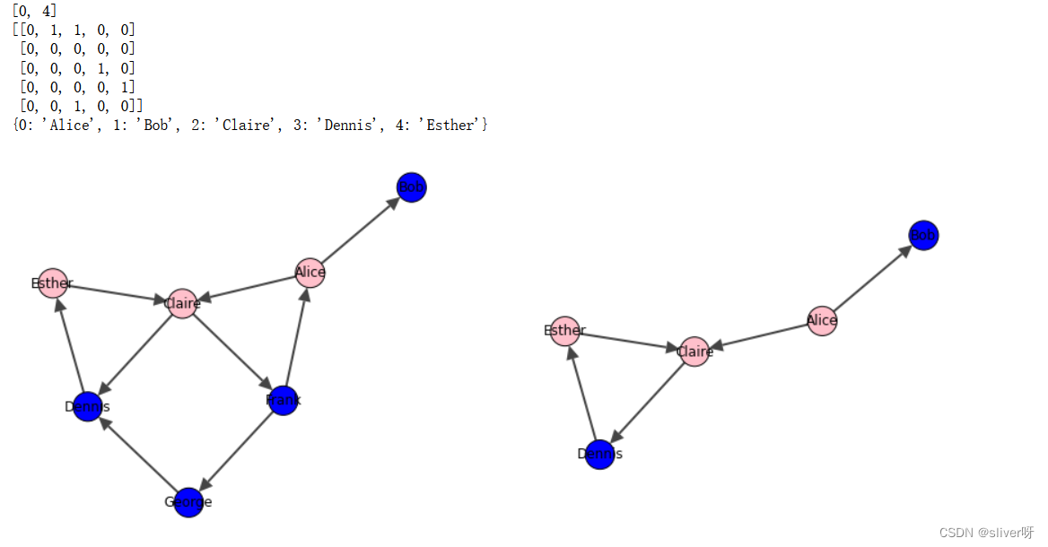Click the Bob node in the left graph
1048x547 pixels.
(x=411, y=187)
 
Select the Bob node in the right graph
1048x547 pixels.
(x=923, y=236)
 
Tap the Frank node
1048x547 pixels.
(x=284, y=400)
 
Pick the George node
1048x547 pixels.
(x=188, y=502)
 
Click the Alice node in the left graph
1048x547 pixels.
(x=310, y=273)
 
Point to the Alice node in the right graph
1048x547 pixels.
(x=822, y=320)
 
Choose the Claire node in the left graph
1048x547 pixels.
(x=182, y=303)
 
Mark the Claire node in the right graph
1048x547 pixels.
(x=694, y=352)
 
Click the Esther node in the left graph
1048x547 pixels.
(x=53, y=283)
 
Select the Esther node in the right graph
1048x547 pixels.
(x=564, y=331)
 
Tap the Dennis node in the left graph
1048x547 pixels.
(x=87, y=407)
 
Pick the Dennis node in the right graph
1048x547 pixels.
(x=599, y=454)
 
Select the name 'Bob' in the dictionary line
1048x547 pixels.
(x=156, y=126)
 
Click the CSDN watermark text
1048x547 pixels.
(x=986, y=533)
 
